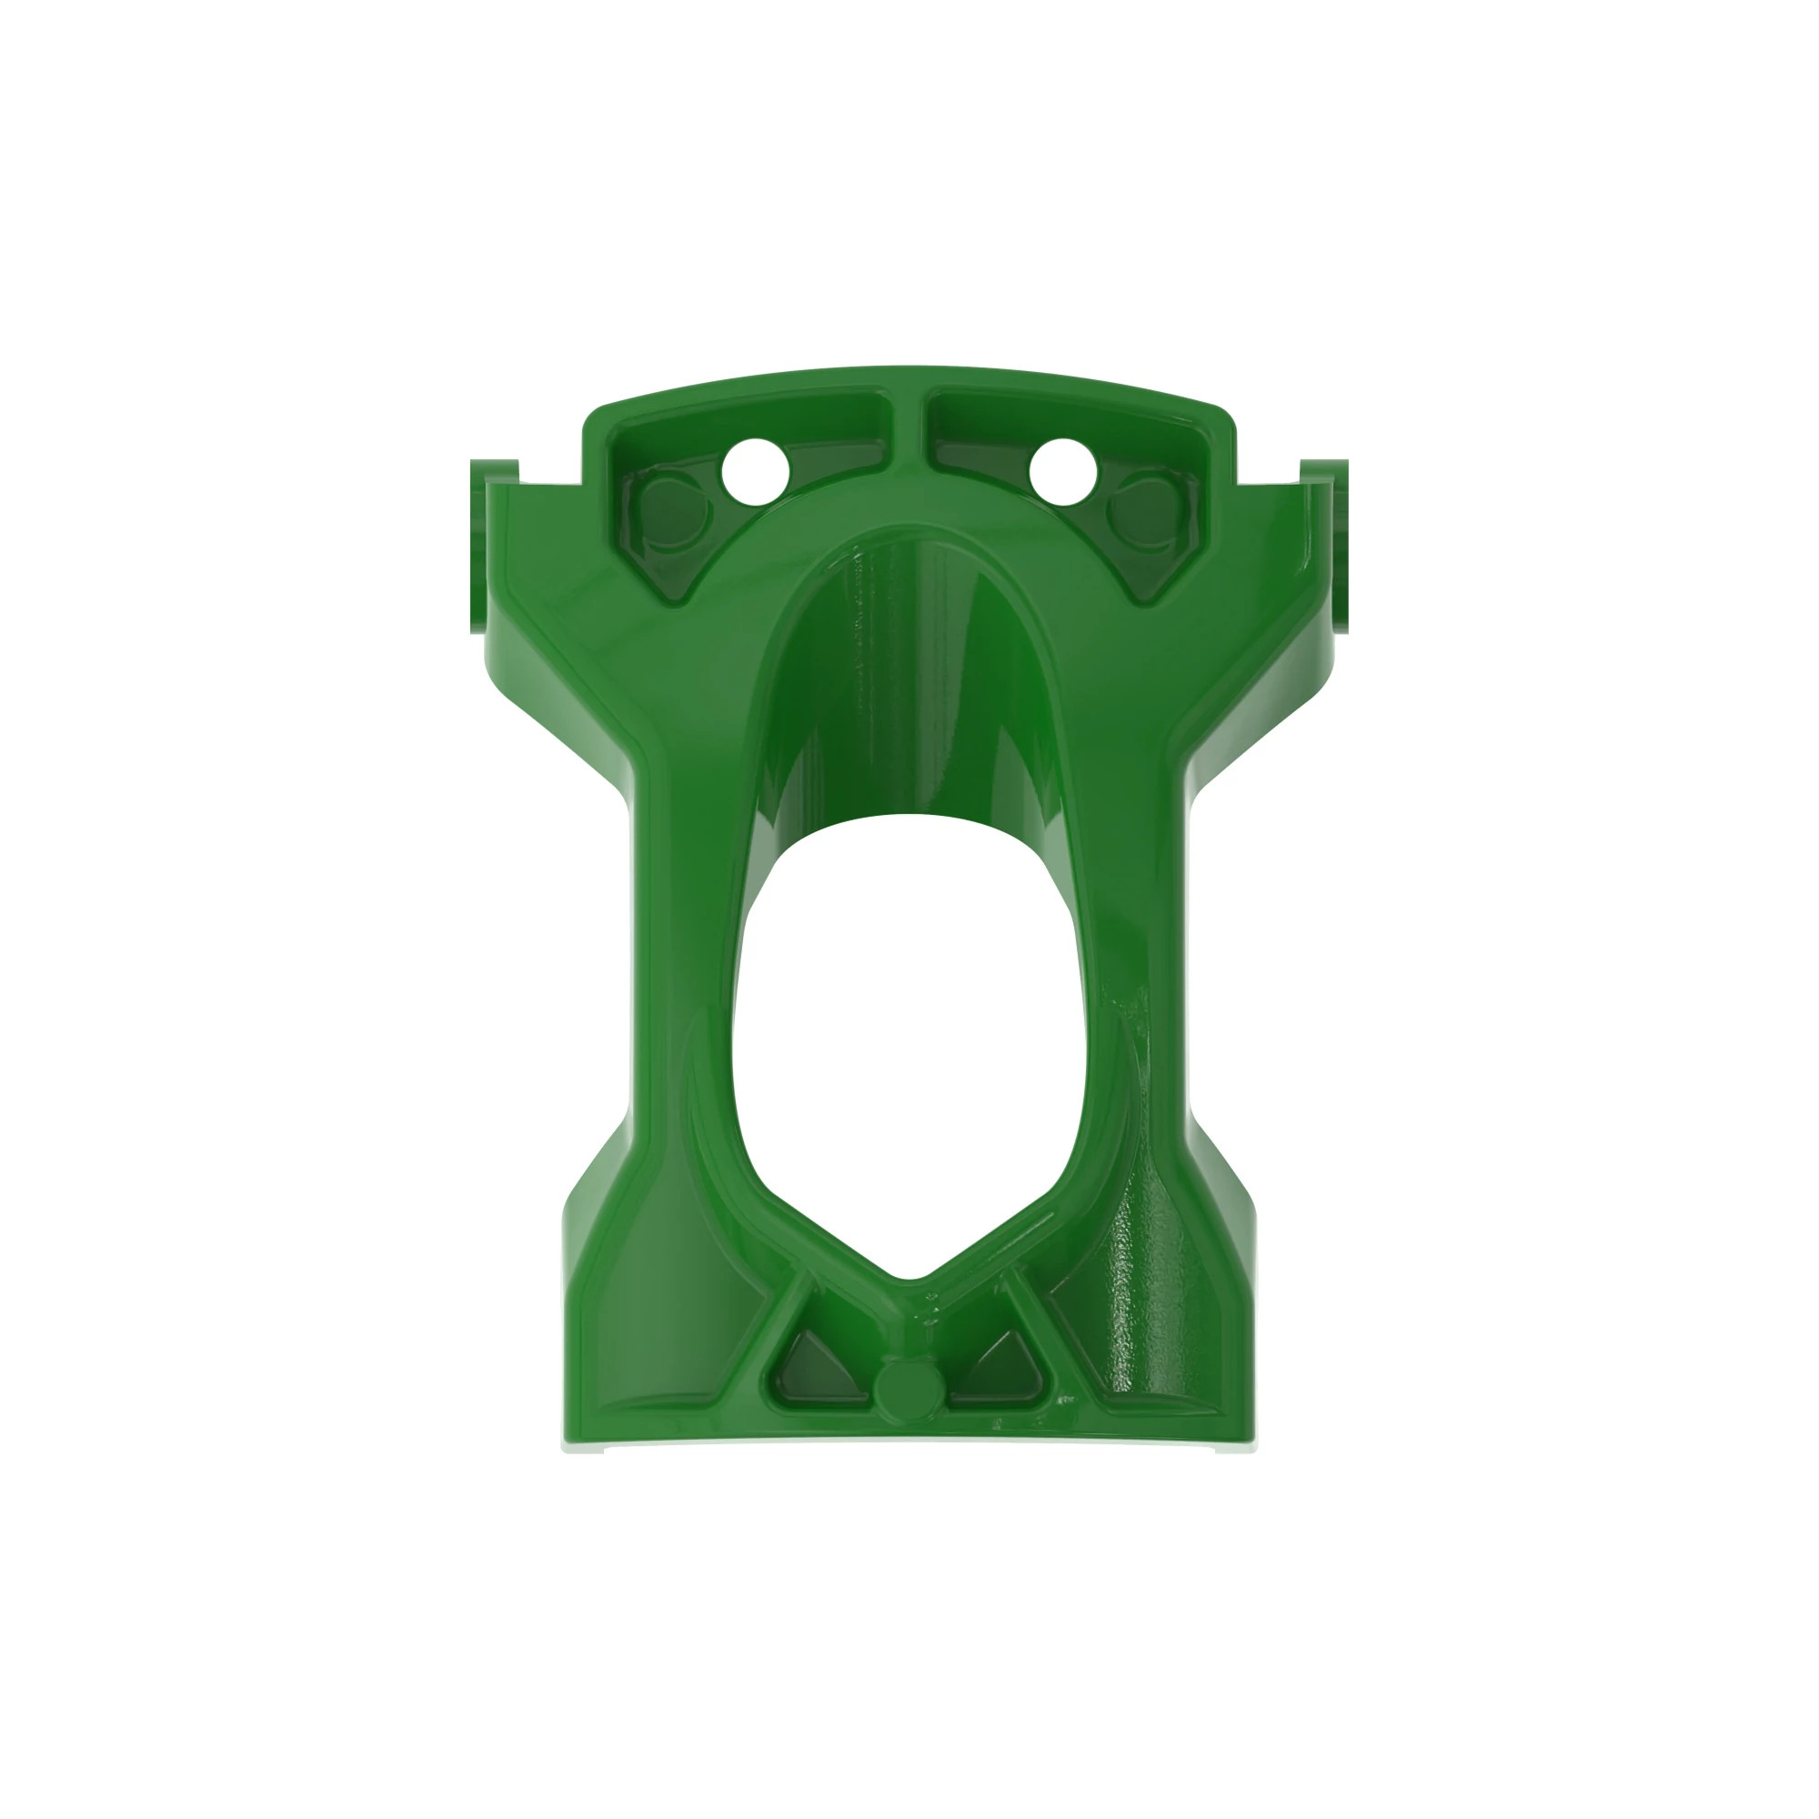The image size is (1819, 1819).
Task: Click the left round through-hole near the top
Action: [x=754, y=470]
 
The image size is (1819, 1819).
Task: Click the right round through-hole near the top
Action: [x=1064, y=470]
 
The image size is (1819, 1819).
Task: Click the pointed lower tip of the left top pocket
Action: [x=676, y=598]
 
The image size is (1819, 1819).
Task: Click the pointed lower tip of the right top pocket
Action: [x=1142, y=598]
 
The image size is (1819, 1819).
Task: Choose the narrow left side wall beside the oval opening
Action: [x=688, y=941]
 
